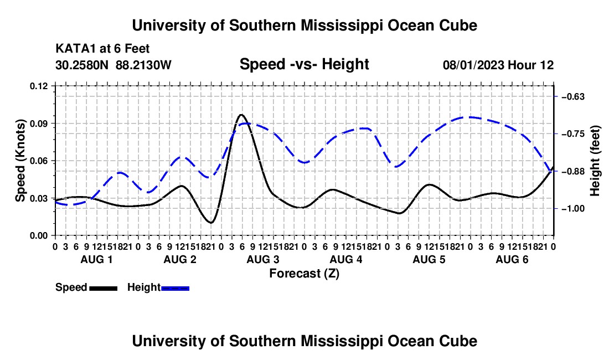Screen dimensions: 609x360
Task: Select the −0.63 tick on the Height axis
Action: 573,97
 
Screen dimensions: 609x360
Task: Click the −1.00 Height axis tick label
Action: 573,209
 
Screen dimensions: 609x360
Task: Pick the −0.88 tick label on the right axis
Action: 573,172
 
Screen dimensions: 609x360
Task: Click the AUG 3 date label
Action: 263,259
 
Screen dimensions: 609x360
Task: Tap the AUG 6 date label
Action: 512,259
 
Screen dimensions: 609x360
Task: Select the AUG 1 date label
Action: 96,259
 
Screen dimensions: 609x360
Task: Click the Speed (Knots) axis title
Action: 20,161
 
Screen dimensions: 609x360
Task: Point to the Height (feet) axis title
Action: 595,161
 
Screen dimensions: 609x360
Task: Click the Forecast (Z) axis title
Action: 304,274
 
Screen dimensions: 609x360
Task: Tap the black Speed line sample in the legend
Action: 104,288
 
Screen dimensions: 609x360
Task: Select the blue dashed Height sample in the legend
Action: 175,288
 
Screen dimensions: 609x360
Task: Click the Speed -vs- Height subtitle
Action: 304,64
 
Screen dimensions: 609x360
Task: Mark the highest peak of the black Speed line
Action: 241,115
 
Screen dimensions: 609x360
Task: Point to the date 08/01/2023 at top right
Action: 474,65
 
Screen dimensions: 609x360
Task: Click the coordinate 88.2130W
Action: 143,65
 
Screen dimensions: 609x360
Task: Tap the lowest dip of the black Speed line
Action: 211,223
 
